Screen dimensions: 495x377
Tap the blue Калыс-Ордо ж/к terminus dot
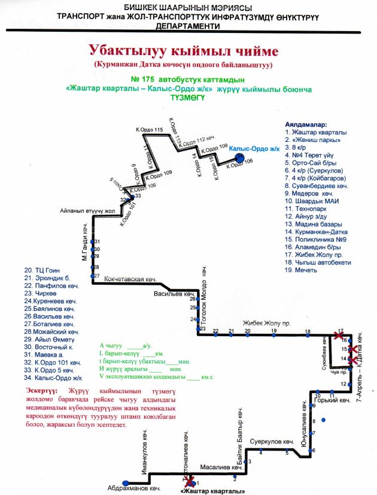(x=239, y=157)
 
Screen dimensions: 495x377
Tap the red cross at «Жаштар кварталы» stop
(x=190, y=481)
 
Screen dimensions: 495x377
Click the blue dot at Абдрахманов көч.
(x=125, y=483)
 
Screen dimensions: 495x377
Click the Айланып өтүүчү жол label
(x=87, y=211)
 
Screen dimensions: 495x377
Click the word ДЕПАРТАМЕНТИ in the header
(x=187, y=28)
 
